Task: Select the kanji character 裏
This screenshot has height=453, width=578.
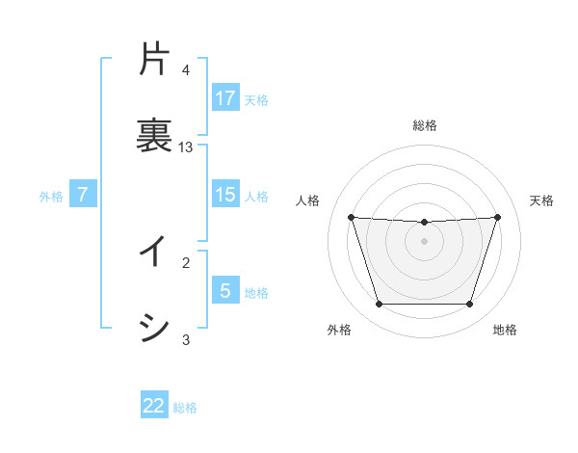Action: (x=154, y=133)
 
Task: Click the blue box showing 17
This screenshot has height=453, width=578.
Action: (x=225, y=97)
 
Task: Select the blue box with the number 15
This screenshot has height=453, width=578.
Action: (x=225, y=195)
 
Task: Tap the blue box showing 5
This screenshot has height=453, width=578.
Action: (x=225, y=291)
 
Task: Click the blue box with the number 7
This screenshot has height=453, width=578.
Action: (x=83, y=195)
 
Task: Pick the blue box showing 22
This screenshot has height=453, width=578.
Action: (x=154, y=406)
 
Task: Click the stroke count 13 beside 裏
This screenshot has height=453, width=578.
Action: (x=186, y=147)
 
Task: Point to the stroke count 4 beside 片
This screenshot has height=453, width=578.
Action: (x=186, y=71)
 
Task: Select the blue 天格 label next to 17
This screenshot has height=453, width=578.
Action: (x=256, y=99)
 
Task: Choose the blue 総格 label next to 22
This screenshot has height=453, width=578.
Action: (x=185, y=408)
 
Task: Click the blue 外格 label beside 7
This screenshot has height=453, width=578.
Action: (x=51, y=197)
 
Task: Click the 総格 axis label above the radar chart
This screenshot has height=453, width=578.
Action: (x=425, y=125)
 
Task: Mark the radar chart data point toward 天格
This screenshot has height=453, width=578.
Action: (x=497, y=217)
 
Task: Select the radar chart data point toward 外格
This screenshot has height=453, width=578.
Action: (x=379, y=305)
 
